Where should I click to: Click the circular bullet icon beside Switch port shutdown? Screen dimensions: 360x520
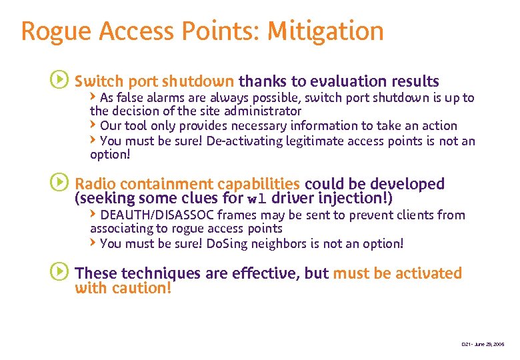[59, 81]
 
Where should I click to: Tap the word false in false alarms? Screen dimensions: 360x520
[131, 98]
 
